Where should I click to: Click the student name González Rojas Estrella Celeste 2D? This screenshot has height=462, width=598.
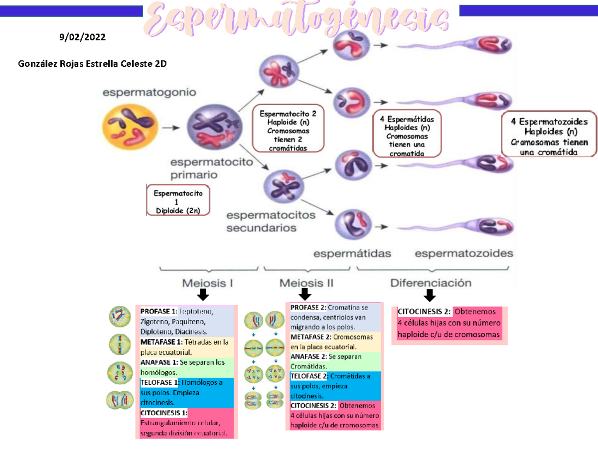tap(92, 64)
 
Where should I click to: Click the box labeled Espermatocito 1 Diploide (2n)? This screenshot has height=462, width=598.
tap(178, 201)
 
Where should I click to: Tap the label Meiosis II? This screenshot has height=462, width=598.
tap(306, 283)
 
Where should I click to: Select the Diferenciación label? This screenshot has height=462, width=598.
tap(431, 283)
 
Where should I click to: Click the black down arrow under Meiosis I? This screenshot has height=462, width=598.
tap(202, 295)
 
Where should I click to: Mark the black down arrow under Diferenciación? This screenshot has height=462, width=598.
tap(429, 296)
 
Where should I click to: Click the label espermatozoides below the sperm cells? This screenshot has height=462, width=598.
tap(463, 253)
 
